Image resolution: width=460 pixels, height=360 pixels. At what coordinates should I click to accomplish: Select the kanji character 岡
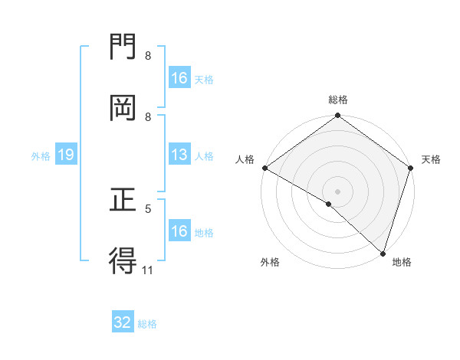(123, 108)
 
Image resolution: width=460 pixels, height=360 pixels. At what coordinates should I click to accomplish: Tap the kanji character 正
(123, 201)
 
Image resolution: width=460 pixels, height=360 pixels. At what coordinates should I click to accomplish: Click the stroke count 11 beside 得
(147, 269)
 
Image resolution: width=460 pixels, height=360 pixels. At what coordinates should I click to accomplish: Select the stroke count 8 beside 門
(148, 56)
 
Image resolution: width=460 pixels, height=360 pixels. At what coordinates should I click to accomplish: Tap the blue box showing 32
(123, 322)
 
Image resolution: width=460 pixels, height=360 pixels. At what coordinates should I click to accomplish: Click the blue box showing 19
(66, 155)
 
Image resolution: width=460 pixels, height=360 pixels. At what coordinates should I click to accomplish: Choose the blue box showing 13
(179, 155)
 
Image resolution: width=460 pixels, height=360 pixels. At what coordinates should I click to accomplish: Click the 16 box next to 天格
(179, 78)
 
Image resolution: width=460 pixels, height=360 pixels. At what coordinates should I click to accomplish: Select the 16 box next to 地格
(179, 231)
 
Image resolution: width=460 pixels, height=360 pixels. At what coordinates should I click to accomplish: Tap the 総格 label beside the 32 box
(147, 323)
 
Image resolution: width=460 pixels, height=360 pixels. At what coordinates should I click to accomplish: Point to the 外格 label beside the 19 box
(41, 155)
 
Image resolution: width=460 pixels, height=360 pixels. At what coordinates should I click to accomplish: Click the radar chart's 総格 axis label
(338, 100)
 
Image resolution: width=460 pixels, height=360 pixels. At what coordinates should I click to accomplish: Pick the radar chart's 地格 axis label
(402, 262)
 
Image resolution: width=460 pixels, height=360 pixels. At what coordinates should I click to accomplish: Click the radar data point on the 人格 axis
(264, 168)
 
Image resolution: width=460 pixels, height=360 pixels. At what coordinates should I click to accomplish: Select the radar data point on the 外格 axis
(329, 204)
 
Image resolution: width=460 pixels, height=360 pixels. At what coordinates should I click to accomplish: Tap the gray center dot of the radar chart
(338, 191)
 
